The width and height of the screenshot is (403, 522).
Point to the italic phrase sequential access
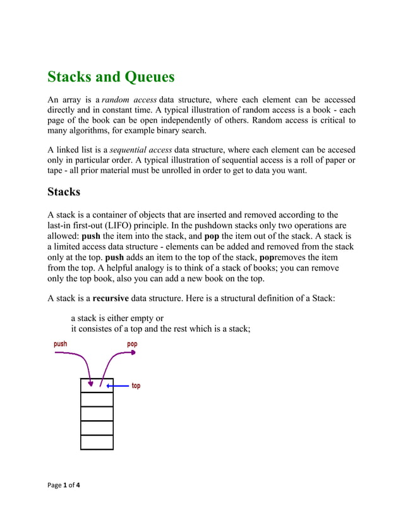coord(141,150)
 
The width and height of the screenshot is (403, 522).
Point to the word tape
coord(58,171)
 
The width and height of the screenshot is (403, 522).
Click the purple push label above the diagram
coord(60,344)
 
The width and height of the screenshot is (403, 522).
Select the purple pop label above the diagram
coord(132,344)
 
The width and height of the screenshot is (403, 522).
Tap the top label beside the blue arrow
coord(136,385)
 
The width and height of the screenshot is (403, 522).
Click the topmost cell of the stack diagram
coord(97,385)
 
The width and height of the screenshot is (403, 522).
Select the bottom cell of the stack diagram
coord(97,442)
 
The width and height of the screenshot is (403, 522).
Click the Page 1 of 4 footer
coord(68,485)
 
